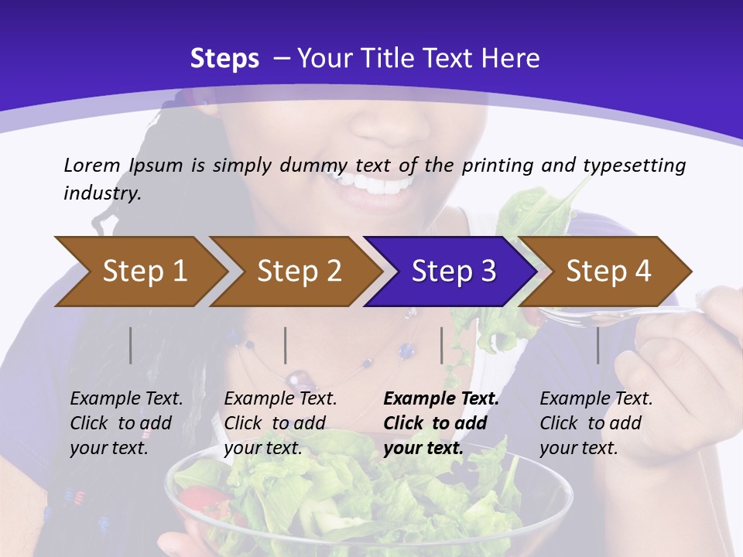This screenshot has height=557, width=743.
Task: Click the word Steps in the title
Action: [x=224, y=59]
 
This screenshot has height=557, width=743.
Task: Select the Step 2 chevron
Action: [x=299, y=271]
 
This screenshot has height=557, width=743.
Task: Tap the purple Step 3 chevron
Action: [x=454, y=271]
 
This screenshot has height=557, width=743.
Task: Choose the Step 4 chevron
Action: [x=608, y=271]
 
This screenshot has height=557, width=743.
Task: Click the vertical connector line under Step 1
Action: [x=131, y=345]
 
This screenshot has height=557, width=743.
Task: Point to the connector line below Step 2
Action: [x=286, y=345]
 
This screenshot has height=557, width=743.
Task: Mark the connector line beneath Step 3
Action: [x=442, y=345]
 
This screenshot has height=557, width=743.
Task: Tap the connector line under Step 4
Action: [x=597, y=345]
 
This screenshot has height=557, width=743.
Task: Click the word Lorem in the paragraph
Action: [x=92, y=165]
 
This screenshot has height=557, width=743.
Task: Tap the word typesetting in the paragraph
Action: [x=634, y=166]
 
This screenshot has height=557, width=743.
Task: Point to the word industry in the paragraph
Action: [x=102, y=193]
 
